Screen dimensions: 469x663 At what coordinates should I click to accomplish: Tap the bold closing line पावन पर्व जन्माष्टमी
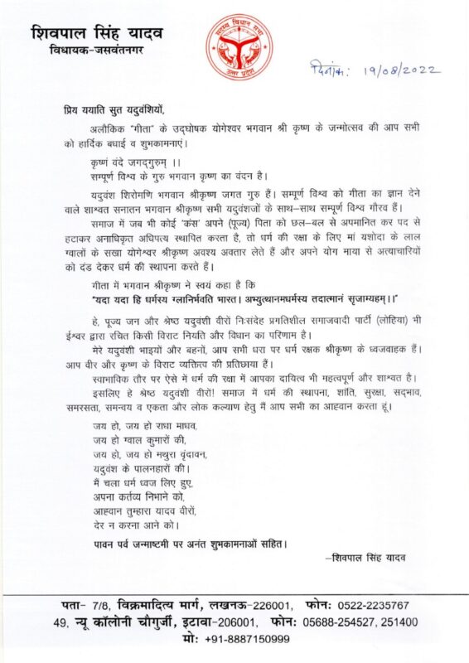pyautogui.click(x=189, y=544)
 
